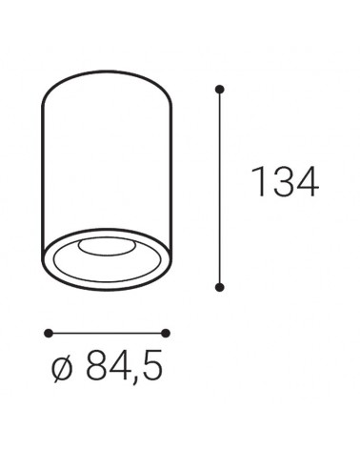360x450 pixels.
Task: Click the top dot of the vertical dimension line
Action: (x=220, y=90)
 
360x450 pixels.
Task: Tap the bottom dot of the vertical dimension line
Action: (x=220, y=285)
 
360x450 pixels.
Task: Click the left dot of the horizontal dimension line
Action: (x=46, y=333)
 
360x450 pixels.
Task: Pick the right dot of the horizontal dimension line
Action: (x=167, y=333)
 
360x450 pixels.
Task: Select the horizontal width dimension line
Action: (x=106, y=333)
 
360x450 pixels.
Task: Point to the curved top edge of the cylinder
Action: (x=107, y=69)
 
